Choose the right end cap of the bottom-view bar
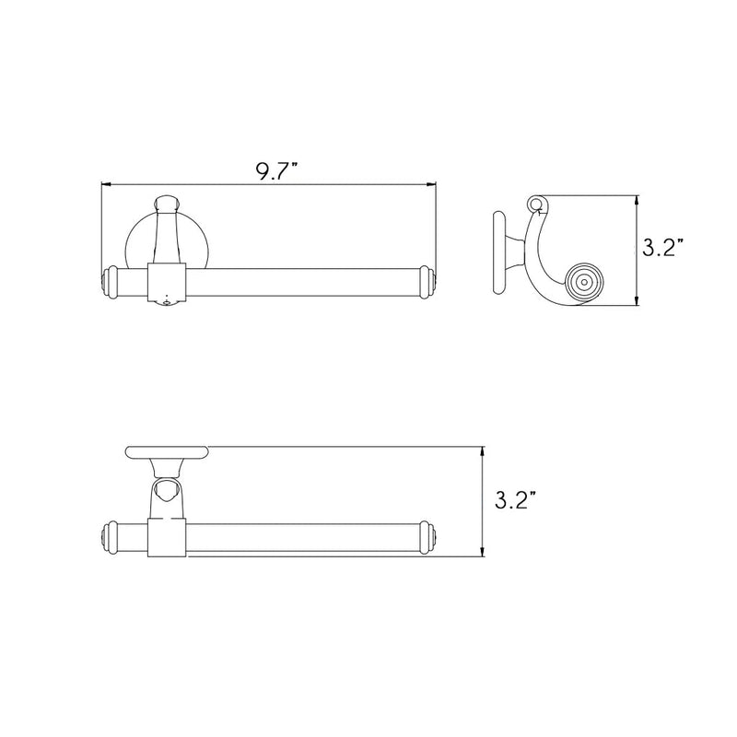(x=426, y=537)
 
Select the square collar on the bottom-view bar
(x=167, y=537)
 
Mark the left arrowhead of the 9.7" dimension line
(x=104, y=185)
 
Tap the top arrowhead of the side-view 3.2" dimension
(x=638, y=199)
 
